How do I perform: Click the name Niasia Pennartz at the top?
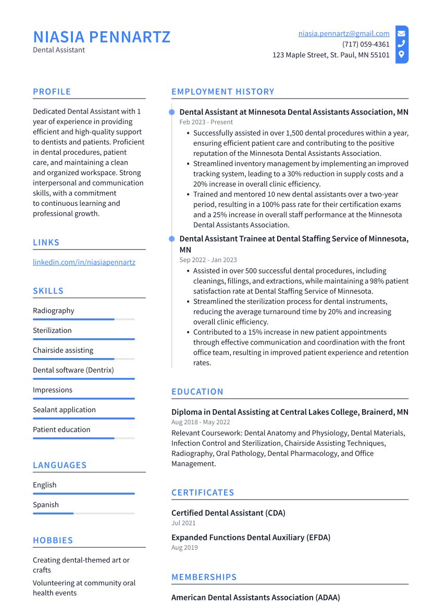[102, 37]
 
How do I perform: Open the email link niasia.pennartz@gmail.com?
[344, 33]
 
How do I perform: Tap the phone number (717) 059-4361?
[366, 44]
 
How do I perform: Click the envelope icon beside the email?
[401, 33]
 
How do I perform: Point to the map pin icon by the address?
[401, 55]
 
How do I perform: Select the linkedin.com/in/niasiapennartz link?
[84, 262]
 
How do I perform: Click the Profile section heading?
[52, 92]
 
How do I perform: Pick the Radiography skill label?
[54, 311]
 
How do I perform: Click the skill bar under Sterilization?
[83, 339]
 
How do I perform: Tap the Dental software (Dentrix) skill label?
[73, 370]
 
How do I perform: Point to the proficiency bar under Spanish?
[83, 513]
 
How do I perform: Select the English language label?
[45, 485]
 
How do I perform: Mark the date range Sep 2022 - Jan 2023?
[208, 260]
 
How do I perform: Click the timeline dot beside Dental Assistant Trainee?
[171, 239]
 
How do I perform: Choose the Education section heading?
[197, 392]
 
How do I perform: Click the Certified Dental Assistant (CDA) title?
[228, 513]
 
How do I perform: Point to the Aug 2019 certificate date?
[184, 548]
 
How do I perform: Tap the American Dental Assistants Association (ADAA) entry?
[255, 598]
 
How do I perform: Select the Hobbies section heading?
[53, 541]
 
